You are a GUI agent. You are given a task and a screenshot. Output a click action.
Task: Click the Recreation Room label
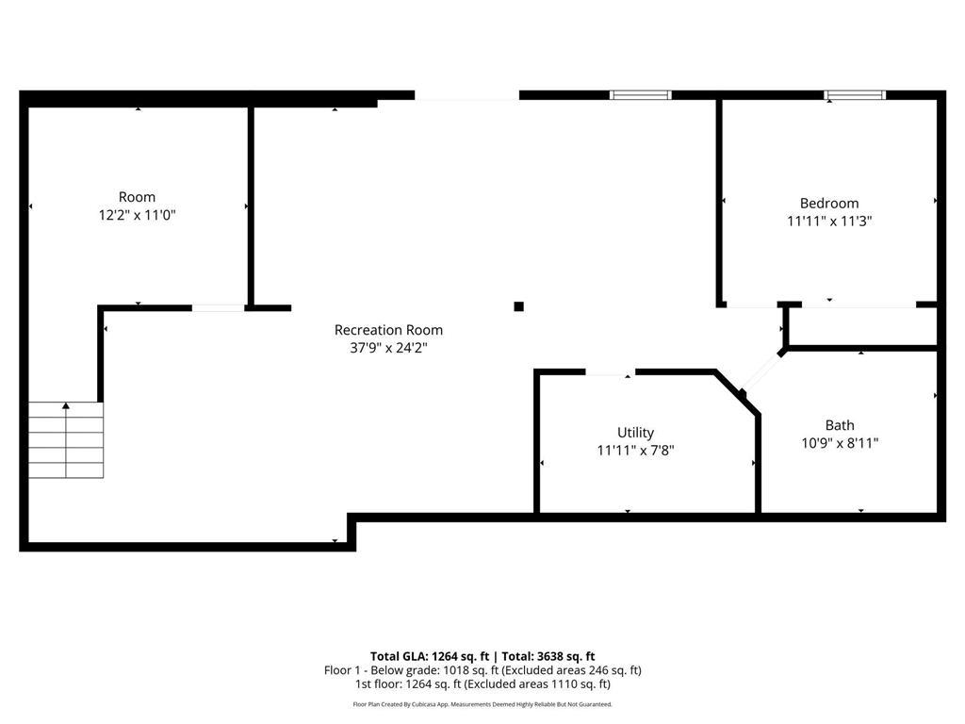[388, 330]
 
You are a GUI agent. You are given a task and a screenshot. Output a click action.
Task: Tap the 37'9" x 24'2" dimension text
[388, 348]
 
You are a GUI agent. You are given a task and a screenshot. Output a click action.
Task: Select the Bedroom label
[829, 204]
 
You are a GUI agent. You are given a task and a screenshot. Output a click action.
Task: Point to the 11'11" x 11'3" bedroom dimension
[829, 221]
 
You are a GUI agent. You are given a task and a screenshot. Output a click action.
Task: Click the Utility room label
[635, 432]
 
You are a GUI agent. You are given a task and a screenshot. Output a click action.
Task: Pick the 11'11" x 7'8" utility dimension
[635, 450]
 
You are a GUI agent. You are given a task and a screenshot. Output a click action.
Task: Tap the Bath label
[840, 425]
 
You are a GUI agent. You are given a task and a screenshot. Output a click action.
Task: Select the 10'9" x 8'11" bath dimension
[840, 443]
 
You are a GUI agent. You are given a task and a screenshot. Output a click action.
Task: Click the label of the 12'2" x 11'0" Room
[137, 197]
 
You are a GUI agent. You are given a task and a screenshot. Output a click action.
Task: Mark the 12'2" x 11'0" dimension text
[138, 215]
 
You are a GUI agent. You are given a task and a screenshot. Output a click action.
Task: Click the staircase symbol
[66, 439]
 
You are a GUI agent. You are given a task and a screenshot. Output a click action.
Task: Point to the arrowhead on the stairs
[66, 405]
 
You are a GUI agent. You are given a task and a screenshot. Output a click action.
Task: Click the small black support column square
[519, 306]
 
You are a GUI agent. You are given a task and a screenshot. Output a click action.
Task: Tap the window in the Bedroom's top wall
[855, 95]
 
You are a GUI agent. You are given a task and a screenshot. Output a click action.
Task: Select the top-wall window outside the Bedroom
[640, 95]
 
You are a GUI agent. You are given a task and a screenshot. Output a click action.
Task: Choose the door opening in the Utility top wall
[610, 372]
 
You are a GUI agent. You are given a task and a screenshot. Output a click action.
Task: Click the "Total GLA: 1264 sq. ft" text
[430, 656]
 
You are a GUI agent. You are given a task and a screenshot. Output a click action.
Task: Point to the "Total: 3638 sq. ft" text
[548, 656]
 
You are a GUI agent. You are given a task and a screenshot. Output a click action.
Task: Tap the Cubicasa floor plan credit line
[482, 704]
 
